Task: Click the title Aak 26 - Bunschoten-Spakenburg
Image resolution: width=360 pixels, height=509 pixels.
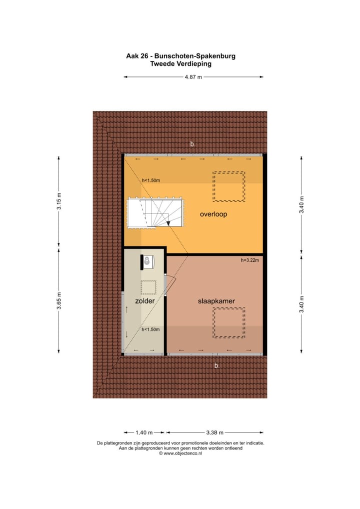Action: (180, 56)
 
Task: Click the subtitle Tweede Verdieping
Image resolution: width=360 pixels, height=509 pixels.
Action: (180, 63)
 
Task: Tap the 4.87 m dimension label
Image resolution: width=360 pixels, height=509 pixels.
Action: (193, 77)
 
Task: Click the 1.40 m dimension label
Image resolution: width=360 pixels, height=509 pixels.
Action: (144, 432)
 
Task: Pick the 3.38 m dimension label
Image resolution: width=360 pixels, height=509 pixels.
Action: (215, 432)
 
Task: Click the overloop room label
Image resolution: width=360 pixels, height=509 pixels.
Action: (213, 214)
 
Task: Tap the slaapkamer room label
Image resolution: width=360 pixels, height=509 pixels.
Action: (216, 301)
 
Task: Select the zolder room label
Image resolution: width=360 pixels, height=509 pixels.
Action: (144, 301)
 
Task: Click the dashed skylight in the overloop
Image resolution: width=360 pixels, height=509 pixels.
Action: (229, 186)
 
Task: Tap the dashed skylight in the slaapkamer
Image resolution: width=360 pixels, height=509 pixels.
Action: (229, 323)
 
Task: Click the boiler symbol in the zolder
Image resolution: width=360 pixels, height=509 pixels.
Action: (148, 261)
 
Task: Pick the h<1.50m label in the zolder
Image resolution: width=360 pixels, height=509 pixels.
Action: (150, 329)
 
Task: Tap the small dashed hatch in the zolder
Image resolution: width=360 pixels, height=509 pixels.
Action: (148, 287)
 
